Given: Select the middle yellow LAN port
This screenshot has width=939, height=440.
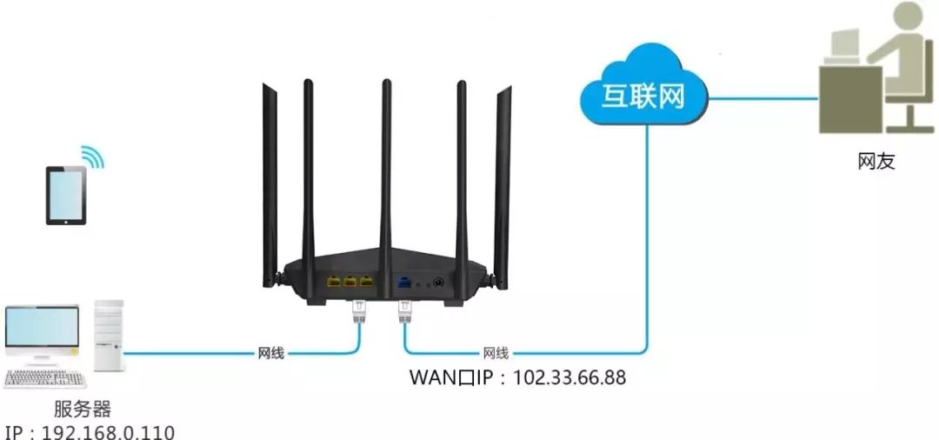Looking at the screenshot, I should (350, 282).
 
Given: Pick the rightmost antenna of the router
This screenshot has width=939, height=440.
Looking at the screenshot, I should (502, 174).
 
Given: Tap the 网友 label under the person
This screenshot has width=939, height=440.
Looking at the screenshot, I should (875, 161).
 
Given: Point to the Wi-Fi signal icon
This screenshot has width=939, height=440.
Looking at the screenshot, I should (93, 157).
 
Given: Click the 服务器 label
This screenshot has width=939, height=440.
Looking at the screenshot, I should (83, 409).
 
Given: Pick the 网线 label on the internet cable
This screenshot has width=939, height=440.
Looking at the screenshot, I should (496, 353).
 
